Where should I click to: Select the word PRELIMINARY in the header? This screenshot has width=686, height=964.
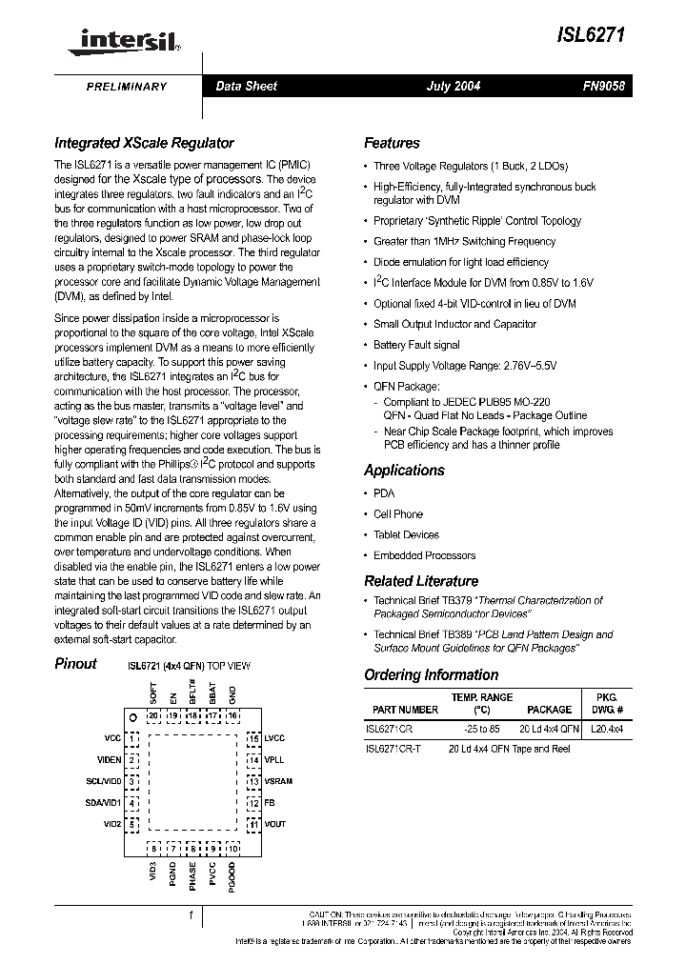[x=127, y=87]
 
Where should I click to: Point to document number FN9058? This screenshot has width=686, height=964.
[x=602, y=87]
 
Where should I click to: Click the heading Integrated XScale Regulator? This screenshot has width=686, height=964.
[x=144, y=143]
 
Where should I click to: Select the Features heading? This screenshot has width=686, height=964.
[x=392, y=143]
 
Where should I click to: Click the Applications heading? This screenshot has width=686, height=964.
[x=404, y=471]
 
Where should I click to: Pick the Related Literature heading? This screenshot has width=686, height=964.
[x=421, y=581]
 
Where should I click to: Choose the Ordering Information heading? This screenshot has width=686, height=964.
[x=431, y=675]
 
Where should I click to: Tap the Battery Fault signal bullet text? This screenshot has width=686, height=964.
[x=416, y=345]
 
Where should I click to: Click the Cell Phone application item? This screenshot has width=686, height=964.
[x=398, y=514]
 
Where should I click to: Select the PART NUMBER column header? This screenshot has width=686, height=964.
[x=405, y=710]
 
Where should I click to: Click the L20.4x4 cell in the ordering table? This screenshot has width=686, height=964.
[x=608, y=729]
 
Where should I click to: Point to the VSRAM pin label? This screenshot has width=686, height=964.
[x=278, y=781]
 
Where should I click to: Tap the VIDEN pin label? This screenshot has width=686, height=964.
[x=109, y=760]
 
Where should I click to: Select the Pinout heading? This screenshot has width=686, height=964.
[x=75, y=664]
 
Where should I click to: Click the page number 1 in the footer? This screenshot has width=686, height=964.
[x=191, y=916]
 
